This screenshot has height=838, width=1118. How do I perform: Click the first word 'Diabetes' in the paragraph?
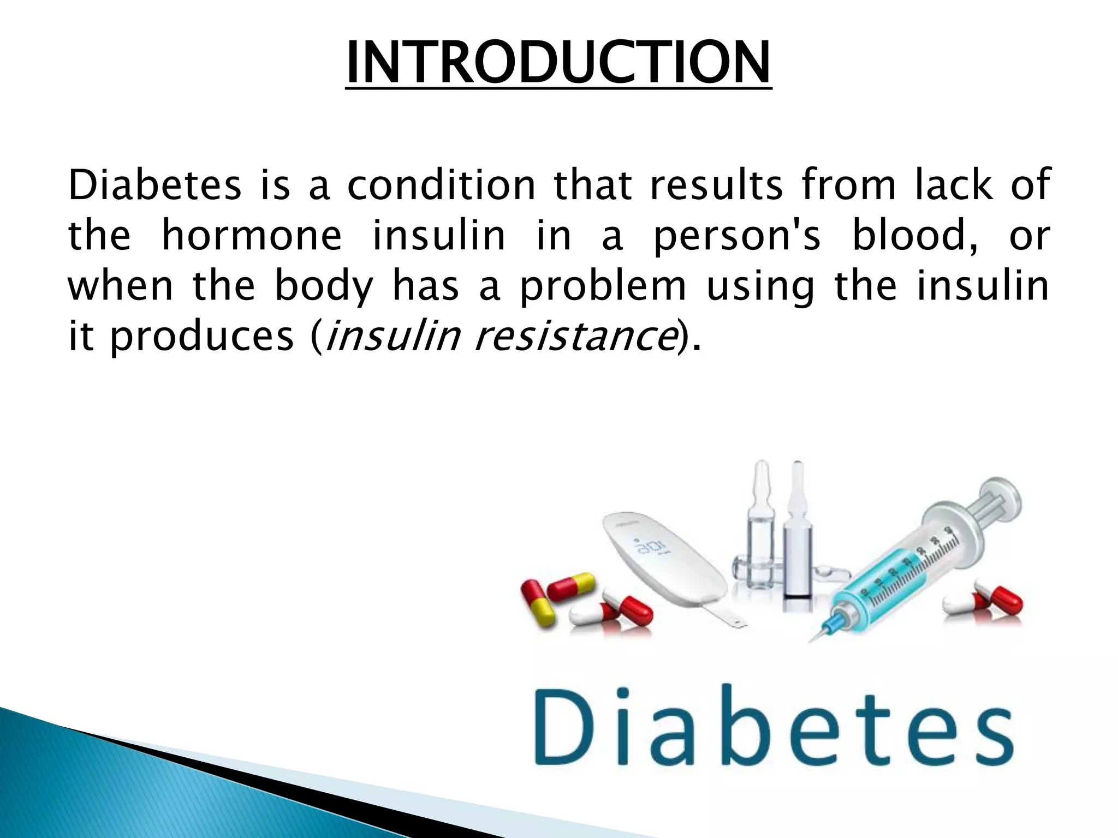point(154,185)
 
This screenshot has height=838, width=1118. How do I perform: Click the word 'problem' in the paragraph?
point(602,286)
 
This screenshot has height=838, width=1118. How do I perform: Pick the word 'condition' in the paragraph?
point(441,185)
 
